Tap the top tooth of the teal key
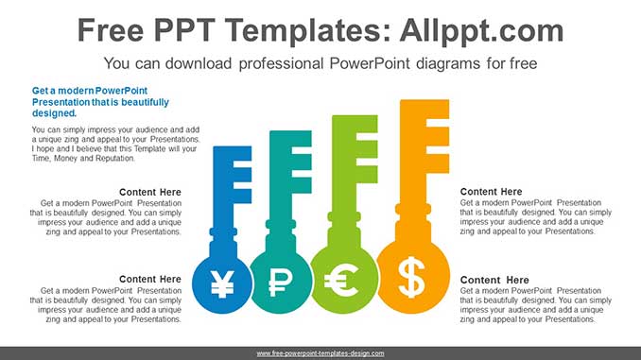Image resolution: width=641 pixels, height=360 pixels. tap(297, 139)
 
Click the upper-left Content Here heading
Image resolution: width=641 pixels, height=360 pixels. tap(150, 192)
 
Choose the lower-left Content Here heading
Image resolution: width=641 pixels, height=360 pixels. tap(150, 279)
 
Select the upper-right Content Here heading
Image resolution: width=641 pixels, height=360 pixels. tap(491, 192)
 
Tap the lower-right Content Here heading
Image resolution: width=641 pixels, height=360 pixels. tap(494, 280)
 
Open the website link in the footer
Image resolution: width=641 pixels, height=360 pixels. tap(320, 352)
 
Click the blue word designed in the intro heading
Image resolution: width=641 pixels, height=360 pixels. tap(53, 112)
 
